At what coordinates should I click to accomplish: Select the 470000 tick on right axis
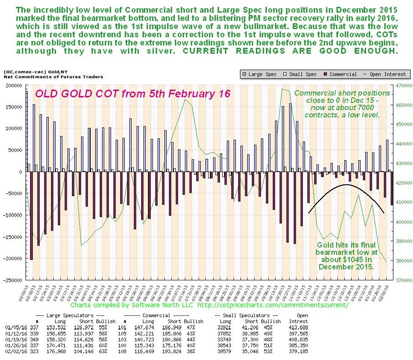click(x=401, y=85)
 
